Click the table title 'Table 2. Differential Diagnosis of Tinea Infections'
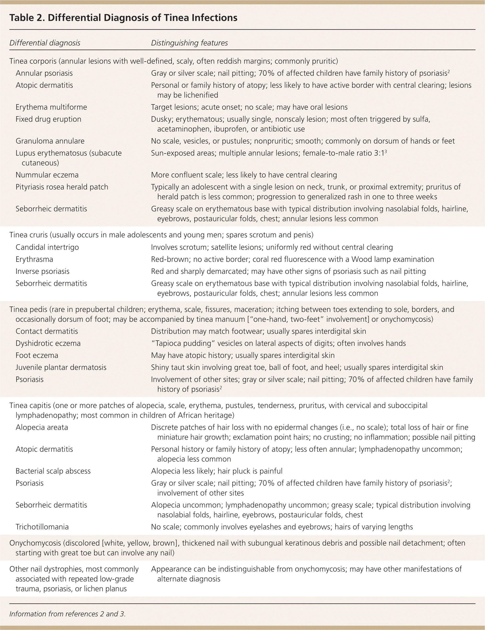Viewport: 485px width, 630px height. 123,18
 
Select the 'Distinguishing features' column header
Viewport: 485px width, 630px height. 189,43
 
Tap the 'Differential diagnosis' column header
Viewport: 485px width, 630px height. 45,43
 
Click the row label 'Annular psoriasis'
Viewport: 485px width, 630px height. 44,73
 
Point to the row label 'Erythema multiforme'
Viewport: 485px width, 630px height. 51,107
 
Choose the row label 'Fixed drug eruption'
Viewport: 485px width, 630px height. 48,119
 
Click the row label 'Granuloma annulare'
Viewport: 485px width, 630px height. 50,141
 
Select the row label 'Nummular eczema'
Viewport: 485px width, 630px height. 47,175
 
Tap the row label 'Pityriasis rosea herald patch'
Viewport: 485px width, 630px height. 62,187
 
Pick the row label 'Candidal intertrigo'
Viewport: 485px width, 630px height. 47,247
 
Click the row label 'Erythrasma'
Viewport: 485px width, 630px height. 34,259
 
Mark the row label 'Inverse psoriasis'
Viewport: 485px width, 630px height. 42,271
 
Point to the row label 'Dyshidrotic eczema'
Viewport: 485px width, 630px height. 48,343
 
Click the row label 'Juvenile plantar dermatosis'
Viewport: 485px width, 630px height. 61,367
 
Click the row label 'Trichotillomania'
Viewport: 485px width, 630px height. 42,527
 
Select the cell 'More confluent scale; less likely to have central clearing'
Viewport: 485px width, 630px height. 244,175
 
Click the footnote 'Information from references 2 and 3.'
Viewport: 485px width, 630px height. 68,614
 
